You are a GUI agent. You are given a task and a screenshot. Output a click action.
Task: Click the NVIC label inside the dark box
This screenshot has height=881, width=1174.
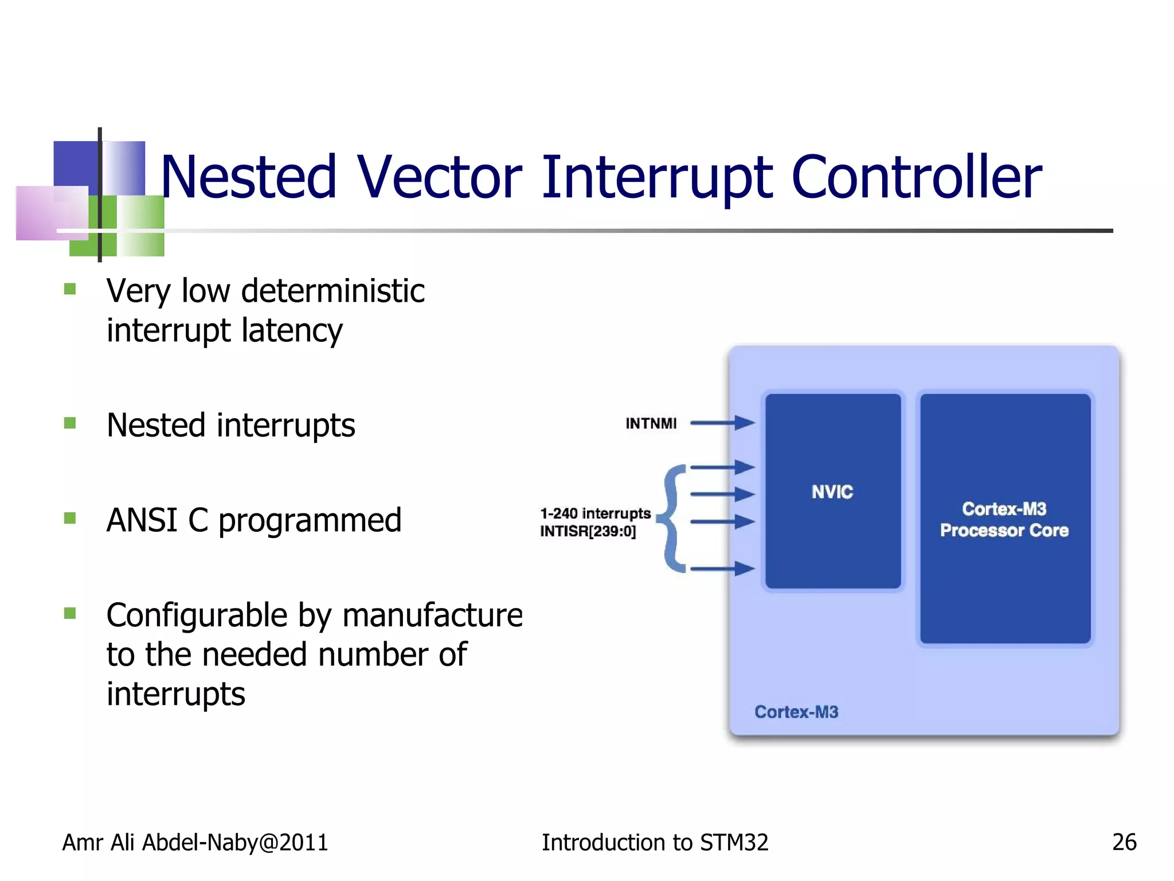[832, 492]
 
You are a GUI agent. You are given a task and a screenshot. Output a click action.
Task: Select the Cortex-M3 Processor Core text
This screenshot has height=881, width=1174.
[1004, 520]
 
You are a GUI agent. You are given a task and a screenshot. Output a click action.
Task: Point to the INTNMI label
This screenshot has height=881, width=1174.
[651, 423]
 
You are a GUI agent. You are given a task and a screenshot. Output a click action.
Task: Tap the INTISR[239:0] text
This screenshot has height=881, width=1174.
[588, 532]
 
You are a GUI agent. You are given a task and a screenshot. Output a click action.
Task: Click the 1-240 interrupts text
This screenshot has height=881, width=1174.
[595, 513]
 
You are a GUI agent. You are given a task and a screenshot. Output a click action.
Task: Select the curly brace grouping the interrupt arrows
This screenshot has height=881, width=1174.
[672, 519]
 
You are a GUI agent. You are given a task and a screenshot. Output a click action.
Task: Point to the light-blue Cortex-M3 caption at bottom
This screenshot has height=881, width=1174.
[796, 712]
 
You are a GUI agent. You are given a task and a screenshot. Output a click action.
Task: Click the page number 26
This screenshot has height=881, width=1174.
[1124, 842]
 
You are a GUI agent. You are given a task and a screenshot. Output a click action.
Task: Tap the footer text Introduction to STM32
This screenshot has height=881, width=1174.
[655, 843]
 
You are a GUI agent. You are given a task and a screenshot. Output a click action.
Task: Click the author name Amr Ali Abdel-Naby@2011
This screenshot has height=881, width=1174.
[195, 843]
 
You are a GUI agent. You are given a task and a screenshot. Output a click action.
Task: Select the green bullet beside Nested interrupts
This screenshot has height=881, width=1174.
[70, 423]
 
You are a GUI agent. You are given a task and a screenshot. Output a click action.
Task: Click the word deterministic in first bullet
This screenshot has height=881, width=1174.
[332, 291]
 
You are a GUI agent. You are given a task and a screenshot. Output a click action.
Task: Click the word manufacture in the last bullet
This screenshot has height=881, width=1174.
[432, 615]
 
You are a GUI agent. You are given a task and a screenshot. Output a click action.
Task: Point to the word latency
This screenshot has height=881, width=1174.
[292, 331]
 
